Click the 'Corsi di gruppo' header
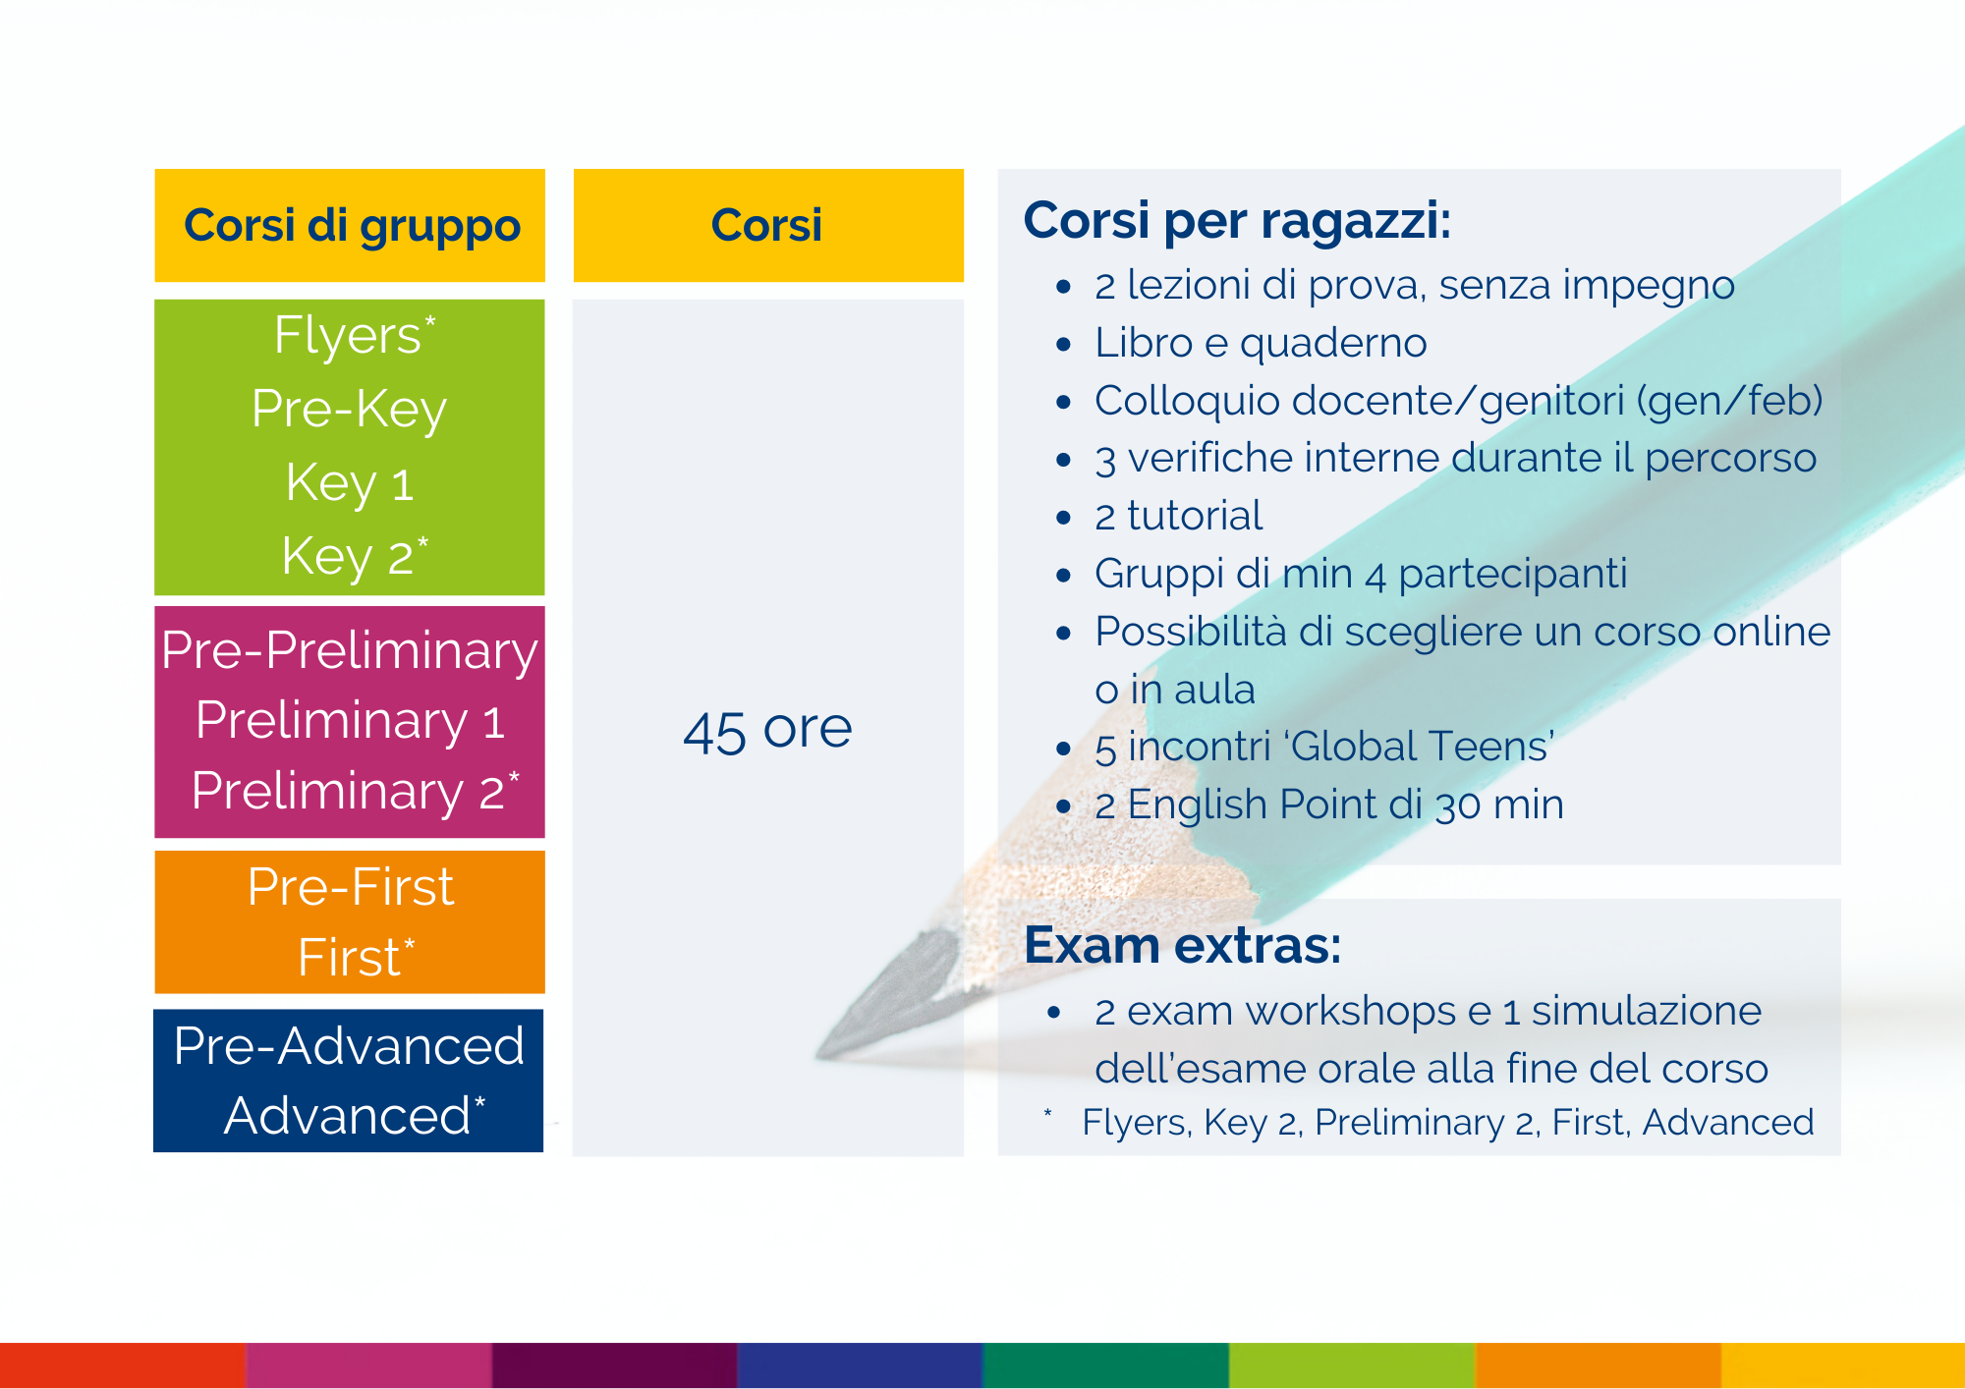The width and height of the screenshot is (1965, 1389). pos(351,226)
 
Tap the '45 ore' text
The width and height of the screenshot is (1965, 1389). pos(767,730)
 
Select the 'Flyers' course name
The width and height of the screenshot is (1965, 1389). pos(348,335)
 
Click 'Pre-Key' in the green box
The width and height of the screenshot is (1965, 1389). pos(349,409)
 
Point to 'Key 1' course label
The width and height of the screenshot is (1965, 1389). pos(349,483)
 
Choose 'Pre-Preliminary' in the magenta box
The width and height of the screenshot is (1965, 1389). pos(350,650)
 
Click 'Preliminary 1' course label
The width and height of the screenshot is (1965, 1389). pos(350,721)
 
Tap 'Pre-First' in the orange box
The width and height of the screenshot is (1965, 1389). pos(351,887)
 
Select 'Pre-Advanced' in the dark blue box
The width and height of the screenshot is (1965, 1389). pos(349,1045)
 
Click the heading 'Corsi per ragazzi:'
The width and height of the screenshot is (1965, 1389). pos(1237,221)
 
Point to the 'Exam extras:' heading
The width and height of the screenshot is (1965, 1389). pos(1183,945)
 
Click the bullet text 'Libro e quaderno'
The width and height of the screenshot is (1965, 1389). pos(1261,343)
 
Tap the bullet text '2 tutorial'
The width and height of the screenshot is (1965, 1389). pos(1179,516)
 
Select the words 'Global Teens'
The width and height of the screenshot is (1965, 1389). pos(1422,747)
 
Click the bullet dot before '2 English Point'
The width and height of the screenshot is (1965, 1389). pos(1063,806)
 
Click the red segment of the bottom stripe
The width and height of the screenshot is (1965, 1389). pos(123,1365)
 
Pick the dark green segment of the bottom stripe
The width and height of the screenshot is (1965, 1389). pos(1105,1365)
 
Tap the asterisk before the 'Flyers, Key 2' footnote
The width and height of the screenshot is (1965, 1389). pos(1048,1113)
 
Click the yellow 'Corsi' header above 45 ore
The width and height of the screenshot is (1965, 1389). pos(768,226)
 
